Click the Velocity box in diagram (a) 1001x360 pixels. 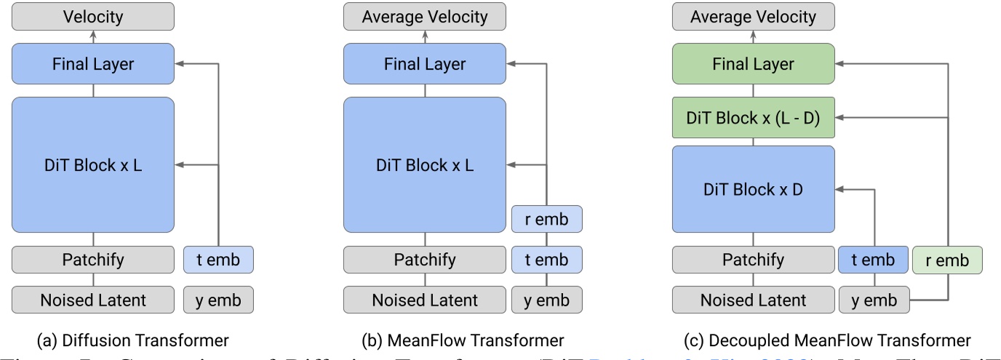point(93,16)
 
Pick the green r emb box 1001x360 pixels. point(947,260)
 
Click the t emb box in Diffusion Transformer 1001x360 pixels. point(218,260)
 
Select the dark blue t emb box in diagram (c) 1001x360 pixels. point(874,260)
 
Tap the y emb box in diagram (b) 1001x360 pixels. point(547,299)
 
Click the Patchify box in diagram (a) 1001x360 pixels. point(93,260)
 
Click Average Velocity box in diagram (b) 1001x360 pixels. point(425,16)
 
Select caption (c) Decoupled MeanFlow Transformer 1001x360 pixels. point(828,339)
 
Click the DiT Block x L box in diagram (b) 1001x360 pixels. point(425,165)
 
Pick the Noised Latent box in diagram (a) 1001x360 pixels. point(93,299)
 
